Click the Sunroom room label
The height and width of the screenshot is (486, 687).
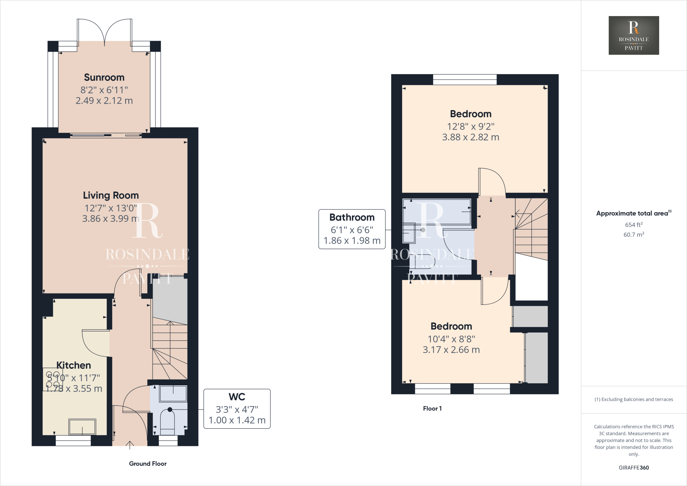[104, 78]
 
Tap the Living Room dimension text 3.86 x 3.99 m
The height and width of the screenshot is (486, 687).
[110, 218]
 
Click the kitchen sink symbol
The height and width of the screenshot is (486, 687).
[82, 427]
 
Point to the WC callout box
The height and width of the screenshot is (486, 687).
[237, 408]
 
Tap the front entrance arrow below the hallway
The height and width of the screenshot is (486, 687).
[130, 445]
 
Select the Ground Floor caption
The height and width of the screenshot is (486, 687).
[148, 464]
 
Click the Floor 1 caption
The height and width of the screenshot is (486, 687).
[432, 408]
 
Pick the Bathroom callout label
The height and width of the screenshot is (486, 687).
[352, 217]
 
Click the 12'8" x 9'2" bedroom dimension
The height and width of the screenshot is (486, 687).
[470, 127]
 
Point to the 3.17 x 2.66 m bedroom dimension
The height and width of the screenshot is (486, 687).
[451, 350]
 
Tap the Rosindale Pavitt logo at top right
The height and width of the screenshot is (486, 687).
[634, 35]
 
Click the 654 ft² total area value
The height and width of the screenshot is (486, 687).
[633, 225]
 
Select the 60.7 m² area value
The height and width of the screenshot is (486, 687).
[633, 235]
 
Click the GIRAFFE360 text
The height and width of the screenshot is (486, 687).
[633, 468]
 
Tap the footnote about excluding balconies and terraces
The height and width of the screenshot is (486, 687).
[633, 399]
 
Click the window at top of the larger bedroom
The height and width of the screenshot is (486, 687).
[465, 80]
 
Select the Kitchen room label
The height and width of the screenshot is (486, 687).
[73, 365]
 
